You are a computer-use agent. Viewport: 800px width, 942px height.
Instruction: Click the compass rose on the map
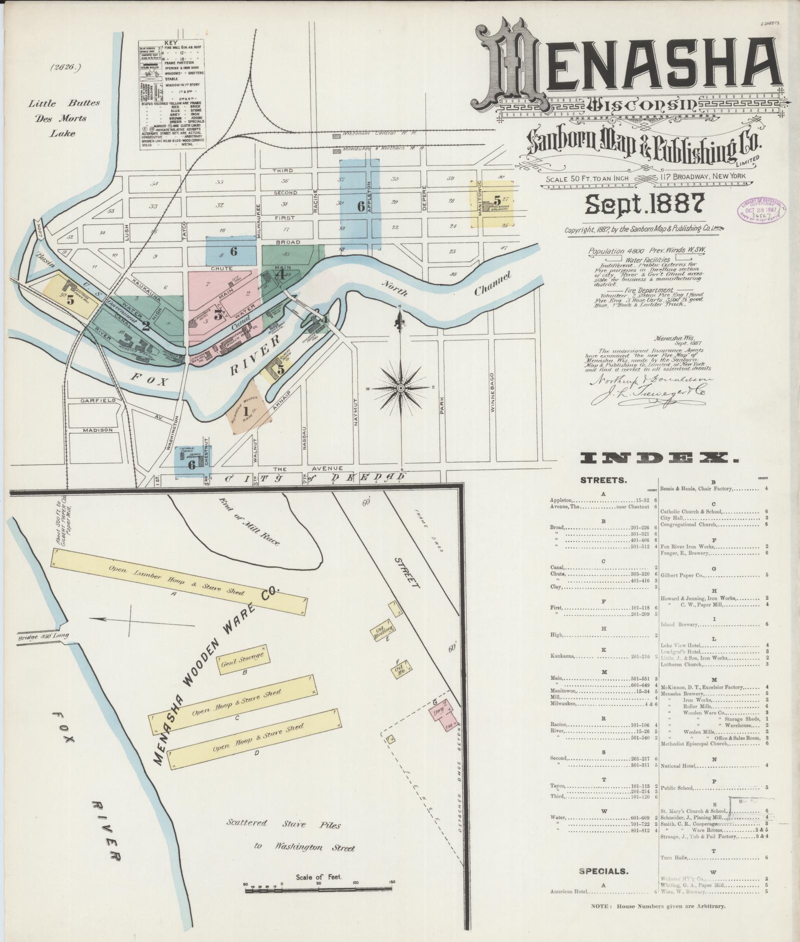tap(400, 387)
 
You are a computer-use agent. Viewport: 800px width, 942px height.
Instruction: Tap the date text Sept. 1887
tap(644, 204)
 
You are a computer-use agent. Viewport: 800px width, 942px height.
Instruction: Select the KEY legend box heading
tap(171, 43)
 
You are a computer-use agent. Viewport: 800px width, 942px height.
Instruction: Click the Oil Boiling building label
tap(385, 631)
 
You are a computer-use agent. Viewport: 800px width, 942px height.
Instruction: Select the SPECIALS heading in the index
tap(603, 871)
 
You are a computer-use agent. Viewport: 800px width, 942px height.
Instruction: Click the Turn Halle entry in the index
tap(675, 858)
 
